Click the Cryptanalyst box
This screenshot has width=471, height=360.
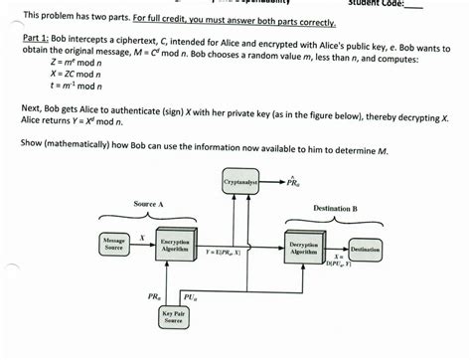pos(239,183)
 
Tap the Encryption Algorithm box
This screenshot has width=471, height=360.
pos(175,245)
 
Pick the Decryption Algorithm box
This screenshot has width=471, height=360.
pos(303,247)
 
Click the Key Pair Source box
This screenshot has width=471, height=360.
pos(175,318)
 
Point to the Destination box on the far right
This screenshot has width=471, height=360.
pos(366,249)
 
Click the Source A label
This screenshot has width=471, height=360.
pos(150,204)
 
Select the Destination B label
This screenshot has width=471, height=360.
pos(335,208)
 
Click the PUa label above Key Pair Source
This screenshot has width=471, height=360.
pos(191,295)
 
